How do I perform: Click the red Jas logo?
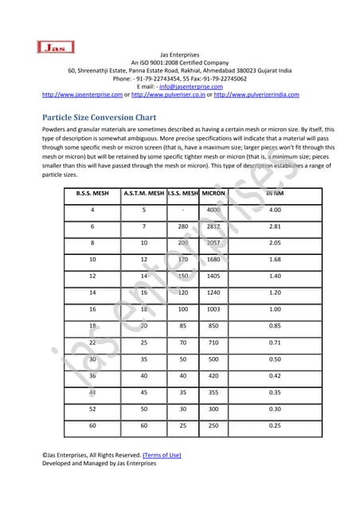click(x=56, y=49)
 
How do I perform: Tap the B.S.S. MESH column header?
click(x=92, y=193)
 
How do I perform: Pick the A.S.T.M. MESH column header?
click(x=143, y=193)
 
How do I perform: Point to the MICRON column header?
click(x=213, y=193)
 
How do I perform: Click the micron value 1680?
click(x=213, y=259)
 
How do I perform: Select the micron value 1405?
click(x=213, y=276)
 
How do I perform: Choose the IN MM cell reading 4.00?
click(x=276, y=210)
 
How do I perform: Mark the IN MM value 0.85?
click(x=276, y=325)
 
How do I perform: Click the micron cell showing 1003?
click(x=213, y=308)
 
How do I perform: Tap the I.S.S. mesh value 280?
click(x=183, y=226)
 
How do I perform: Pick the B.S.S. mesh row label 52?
click(x=92, y=408)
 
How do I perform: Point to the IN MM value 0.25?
click(x=276, y=425)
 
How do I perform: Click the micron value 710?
click(x=213, y=342)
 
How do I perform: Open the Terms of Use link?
click(x=162, y=455)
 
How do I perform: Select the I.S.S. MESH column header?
click(x=183, y=193)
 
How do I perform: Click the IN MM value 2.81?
click(x=276, y=226)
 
